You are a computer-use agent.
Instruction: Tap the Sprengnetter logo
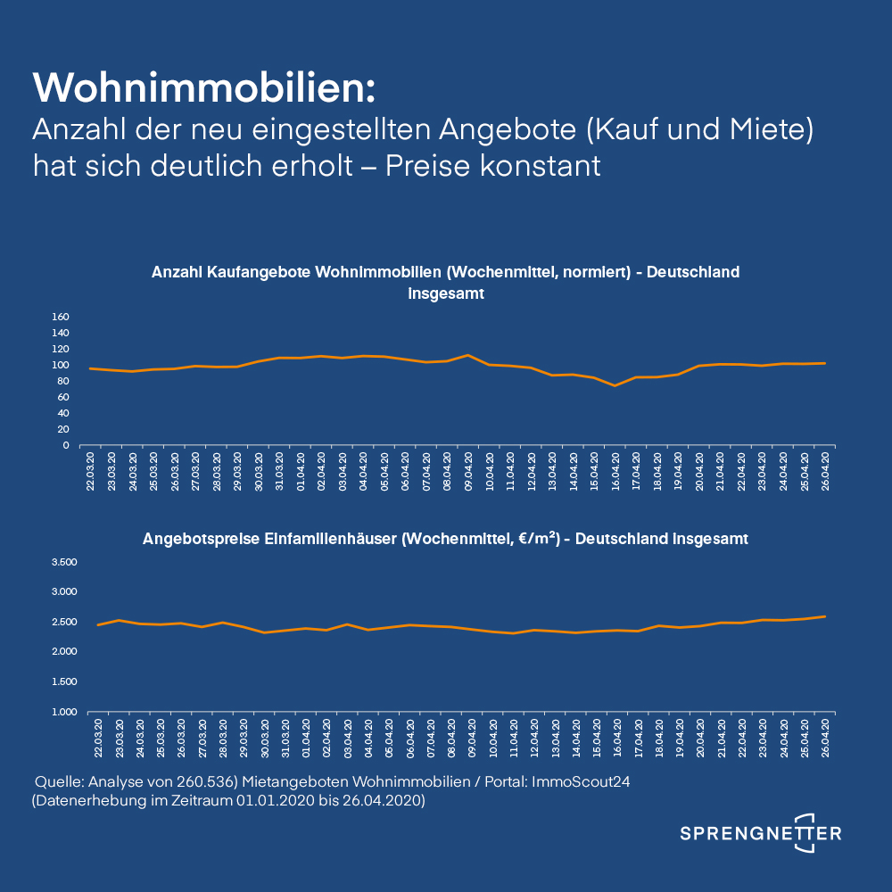760,833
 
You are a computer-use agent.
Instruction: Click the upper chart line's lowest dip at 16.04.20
615,385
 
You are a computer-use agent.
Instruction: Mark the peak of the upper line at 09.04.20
468,355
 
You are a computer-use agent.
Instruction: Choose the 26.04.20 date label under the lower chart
826,739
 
